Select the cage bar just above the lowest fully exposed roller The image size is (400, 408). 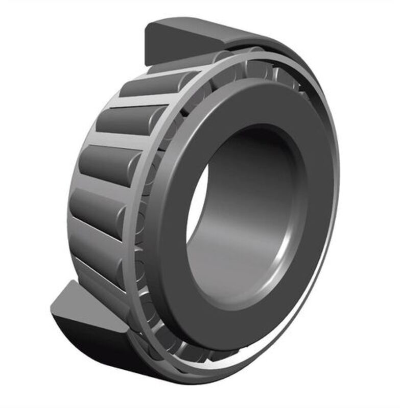pos(97,224)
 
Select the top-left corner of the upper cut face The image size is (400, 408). pos(147,25)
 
